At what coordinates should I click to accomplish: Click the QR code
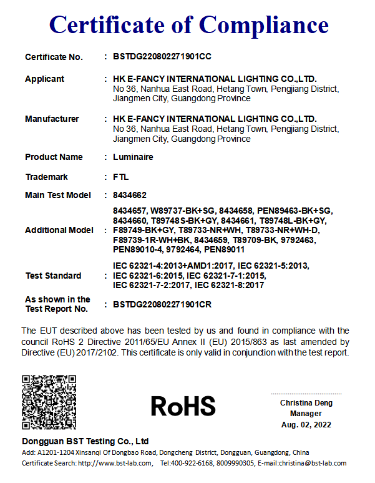[49, 402]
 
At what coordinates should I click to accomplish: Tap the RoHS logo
[183, 406]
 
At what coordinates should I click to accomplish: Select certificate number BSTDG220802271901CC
[162, 57]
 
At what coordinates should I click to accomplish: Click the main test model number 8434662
[129, 196]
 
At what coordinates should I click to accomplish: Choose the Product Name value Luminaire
[133, 157]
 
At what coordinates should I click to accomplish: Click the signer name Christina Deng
[306, 403]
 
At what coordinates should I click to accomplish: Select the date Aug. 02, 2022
[306, 425]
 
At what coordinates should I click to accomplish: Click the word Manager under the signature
[306, 414]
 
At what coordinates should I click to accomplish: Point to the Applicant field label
[44, 79]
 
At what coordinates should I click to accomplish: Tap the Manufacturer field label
[52, 119]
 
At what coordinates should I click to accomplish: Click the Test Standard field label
[53, 276]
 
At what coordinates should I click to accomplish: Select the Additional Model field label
[59, 230]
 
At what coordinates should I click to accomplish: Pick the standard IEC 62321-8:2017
[230, 286]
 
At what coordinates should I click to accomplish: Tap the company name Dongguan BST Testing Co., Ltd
[85, 441]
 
